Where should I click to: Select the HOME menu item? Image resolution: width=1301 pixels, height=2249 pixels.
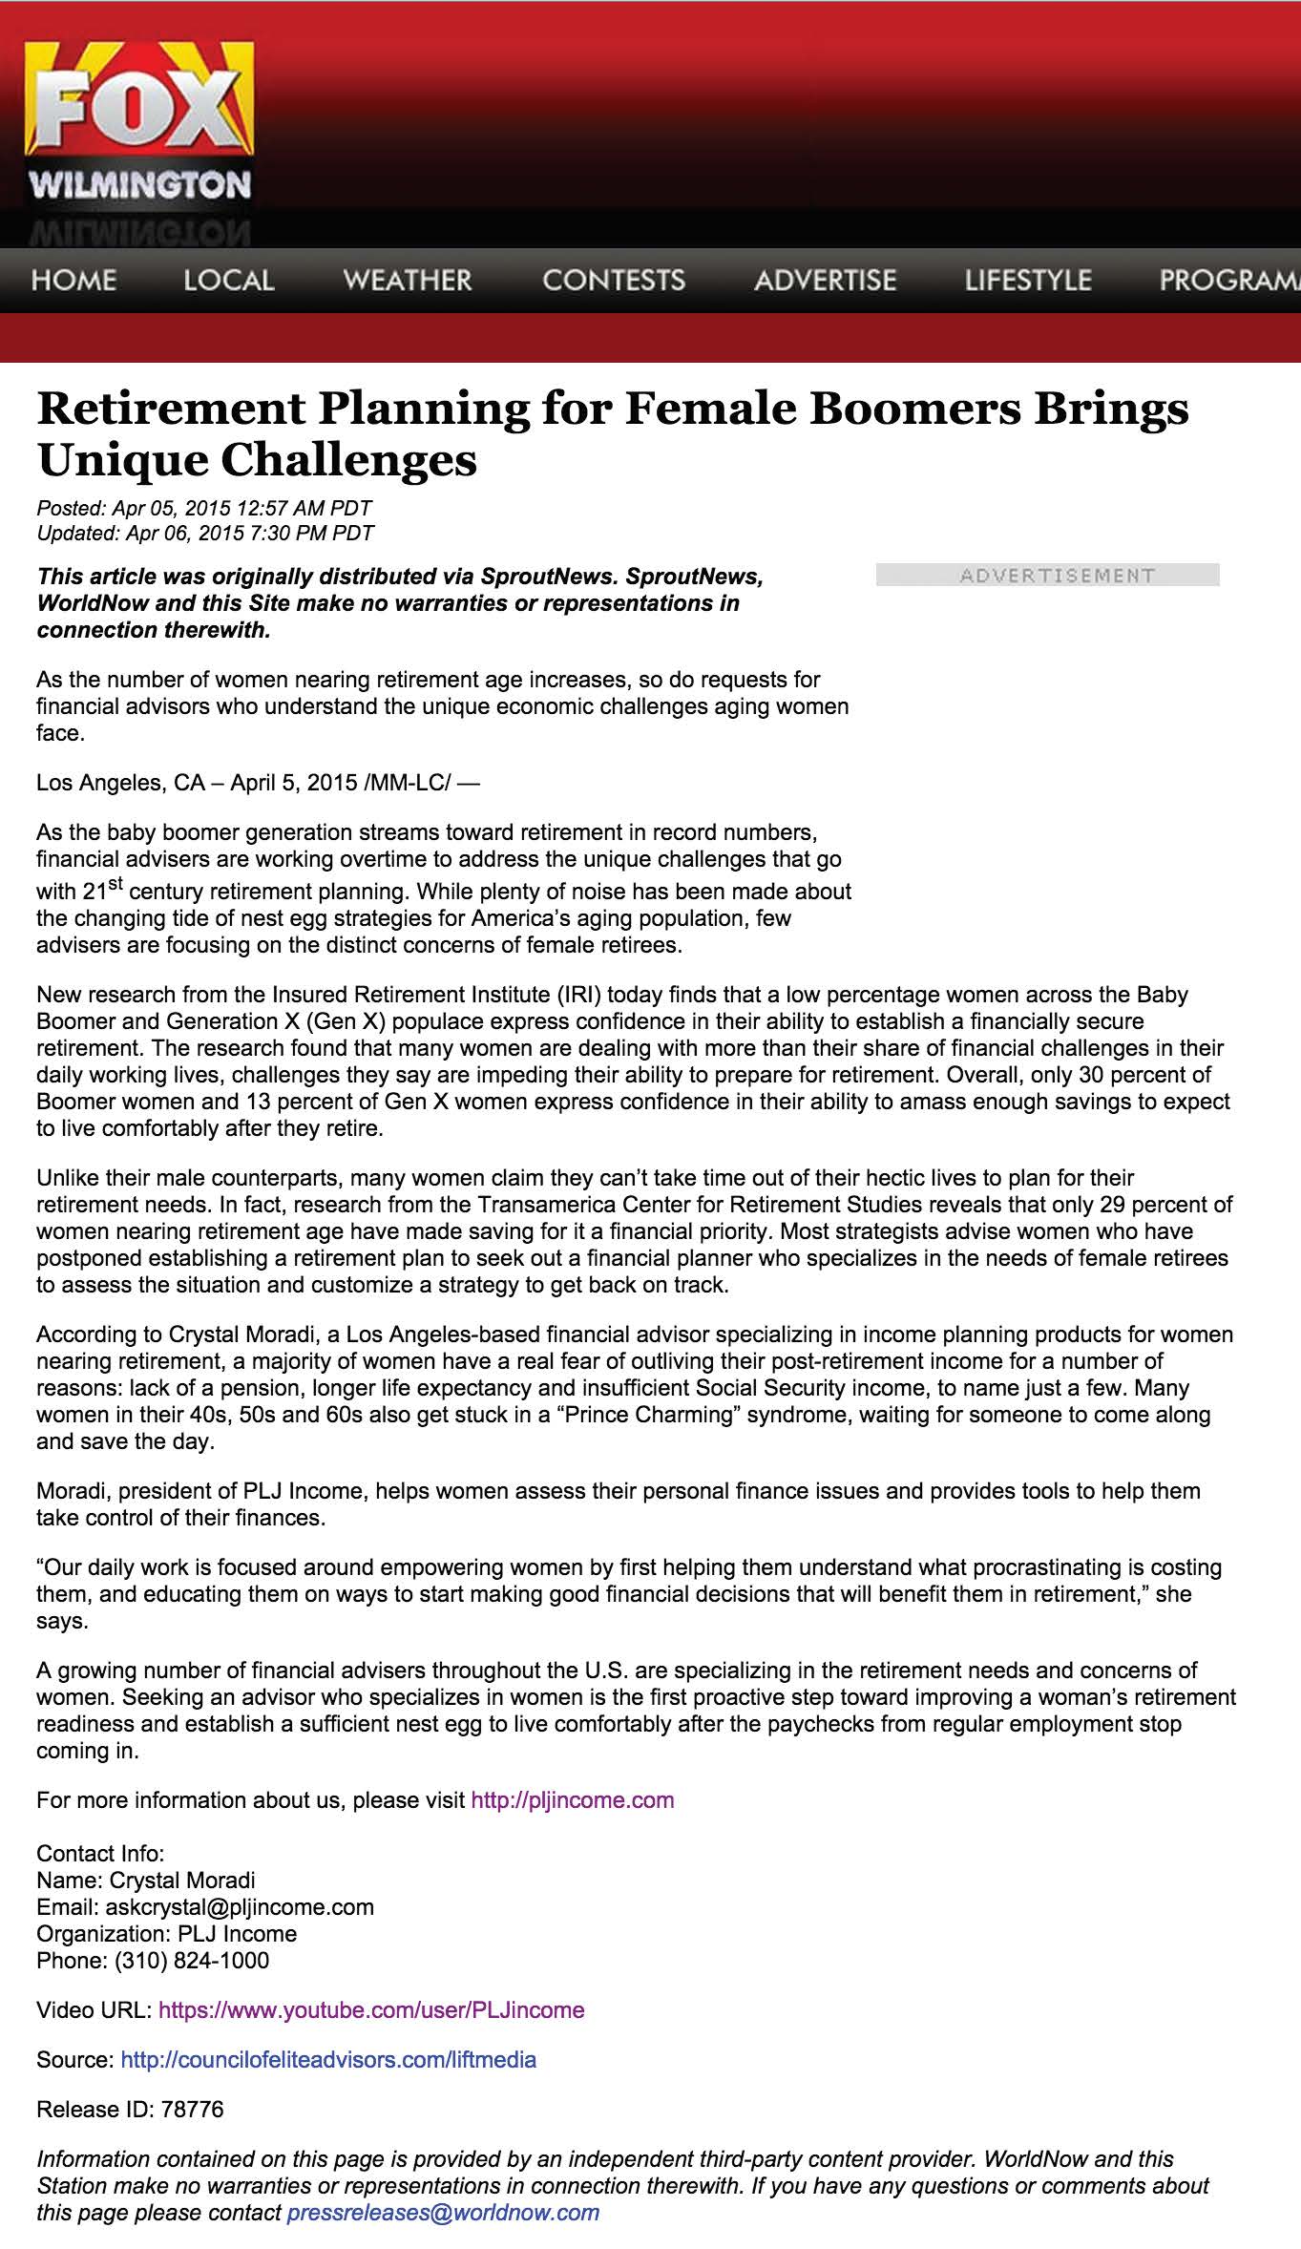coord(73,281)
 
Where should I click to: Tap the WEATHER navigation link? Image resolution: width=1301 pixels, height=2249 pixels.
coord(407,281)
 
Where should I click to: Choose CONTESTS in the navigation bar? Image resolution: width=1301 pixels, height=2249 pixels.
coord(613,281)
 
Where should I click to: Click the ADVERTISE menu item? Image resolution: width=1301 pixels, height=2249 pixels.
coord(825,281)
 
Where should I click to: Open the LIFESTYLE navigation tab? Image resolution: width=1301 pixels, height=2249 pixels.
coord(1027,281)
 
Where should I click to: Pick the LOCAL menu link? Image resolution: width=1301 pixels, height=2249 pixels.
coord(228,281)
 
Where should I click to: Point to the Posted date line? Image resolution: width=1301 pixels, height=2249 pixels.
coord(203,508)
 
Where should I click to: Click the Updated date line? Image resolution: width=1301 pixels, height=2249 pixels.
coord(204,533)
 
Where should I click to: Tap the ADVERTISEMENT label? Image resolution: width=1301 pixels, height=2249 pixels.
coord(1047,575)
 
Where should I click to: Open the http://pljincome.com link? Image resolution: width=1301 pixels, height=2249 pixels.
coord(573,1800)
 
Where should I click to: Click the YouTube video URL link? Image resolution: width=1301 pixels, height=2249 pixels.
coord(371,2010)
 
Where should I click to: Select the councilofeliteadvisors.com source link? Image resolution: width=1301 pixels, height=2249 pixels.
coord(328,2060)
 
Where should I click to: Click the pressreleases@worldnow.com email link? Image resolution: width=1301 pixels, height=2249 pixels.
coord(443,2213)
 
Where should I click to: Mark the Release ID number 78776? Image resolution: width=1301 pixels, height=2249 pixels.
coord(192,2110)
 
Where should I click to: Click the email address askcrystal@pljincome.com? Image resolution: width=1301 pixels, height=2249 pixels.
coord(240,1907)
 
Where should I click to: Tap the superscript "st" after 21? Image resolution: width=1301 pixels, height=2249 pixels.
coord(115,885)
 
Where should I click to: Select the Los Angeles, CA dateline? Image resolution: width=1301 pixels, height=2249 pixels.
coord(120,783)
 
